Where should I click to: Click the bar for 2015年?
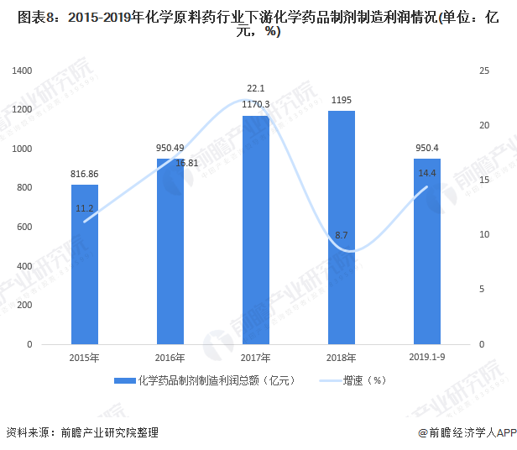coord(84,264)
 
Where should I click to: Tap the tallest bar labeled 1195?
coord(341,228)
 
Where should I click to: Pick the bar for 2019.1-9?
coord(426,252)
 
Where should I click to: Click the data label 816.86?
coord(84,174)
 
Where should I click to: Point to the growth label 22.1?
coord(255,88)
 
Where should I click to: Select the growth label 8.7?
coord(342,236)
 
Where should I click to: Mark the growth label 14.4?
coord(426,173)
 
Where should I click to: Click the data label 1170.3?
coord(255,104)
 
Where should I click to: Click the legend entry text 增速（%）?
coord(363,380)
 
